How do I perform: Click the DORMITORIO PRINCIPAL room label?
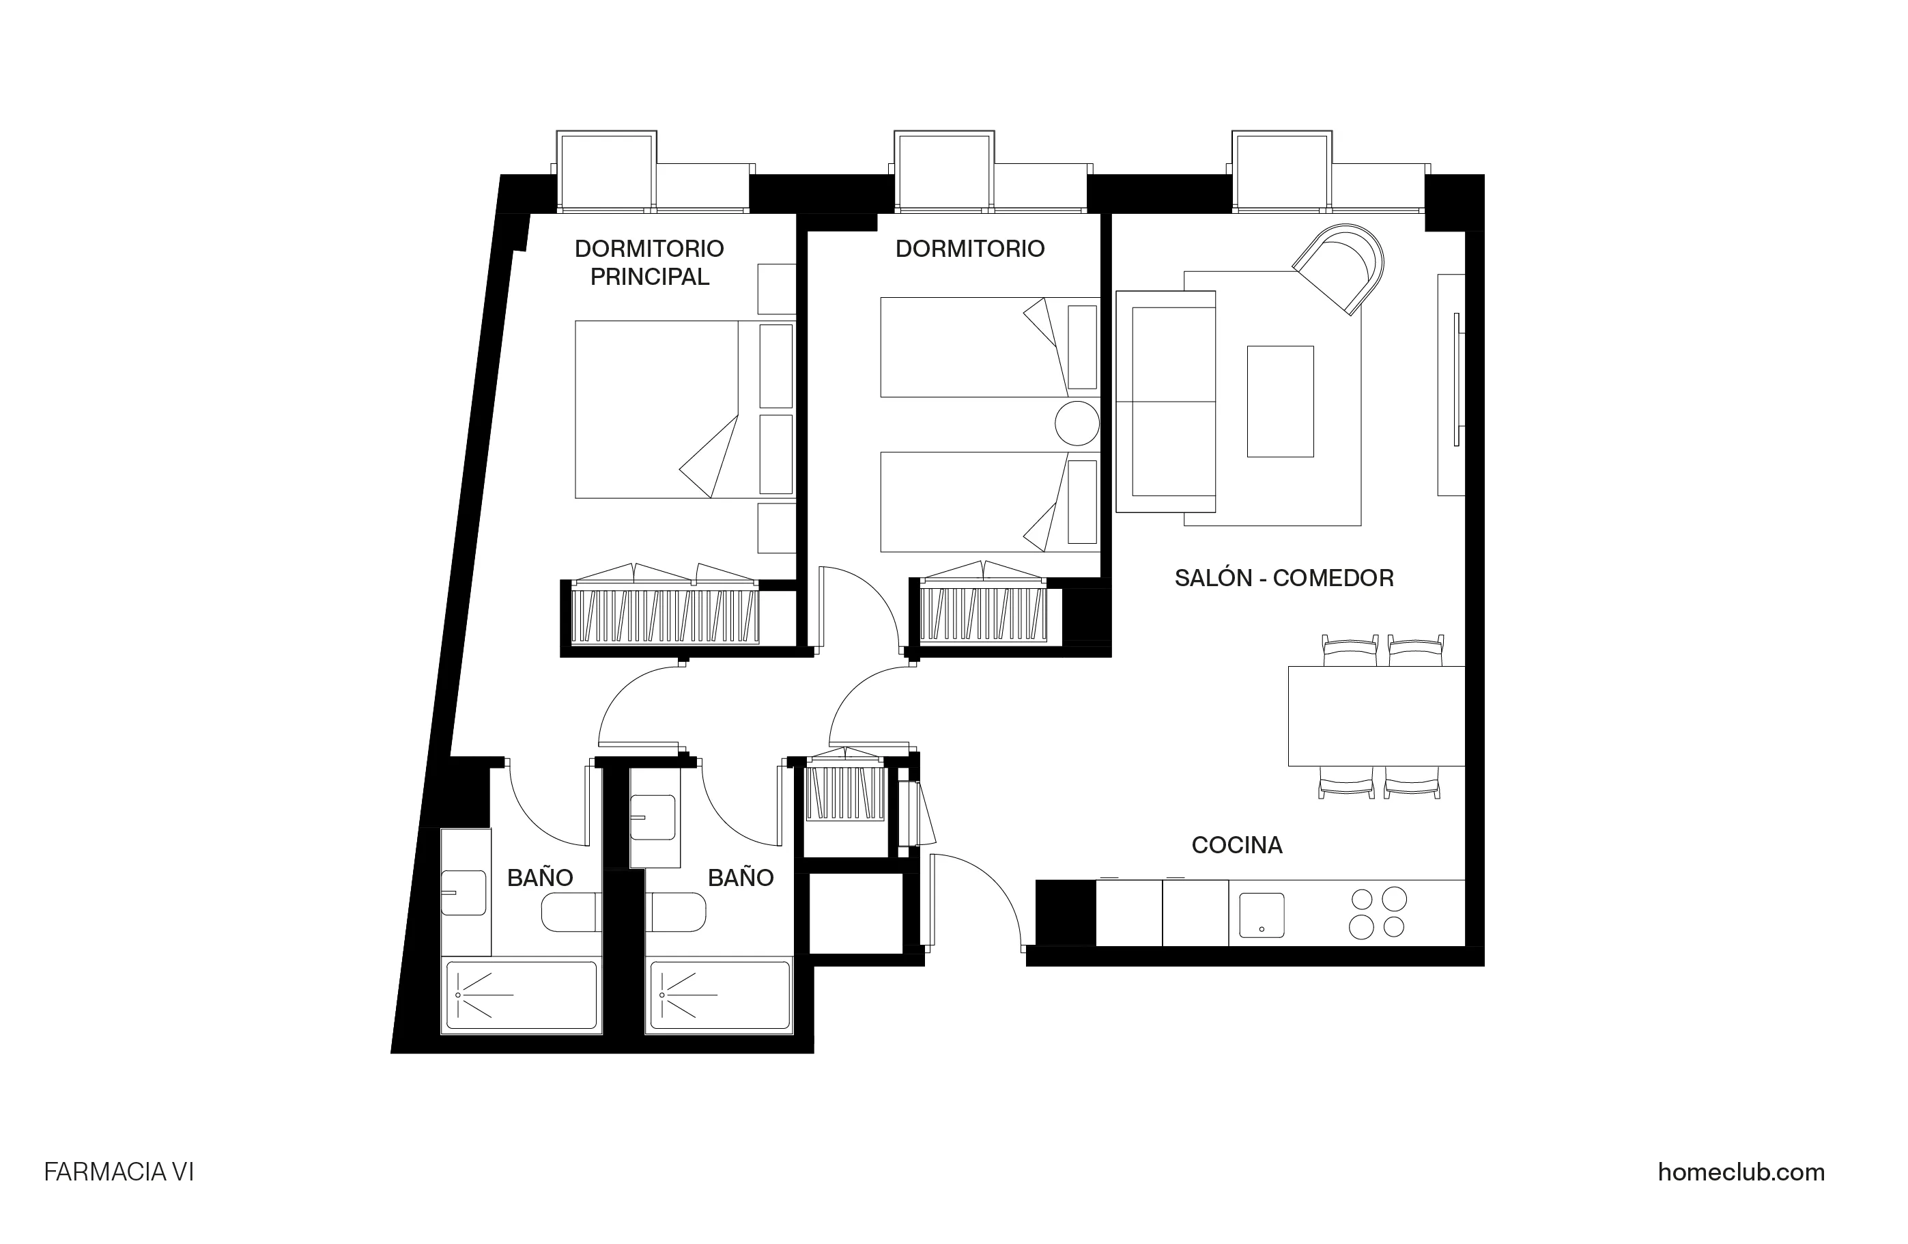pos(649,262)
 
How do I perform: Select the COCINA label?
pos(1236,844)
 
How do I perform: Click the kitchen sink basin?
pos(1261,916)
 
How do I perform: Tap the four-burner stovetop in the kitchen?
pos(1378,913)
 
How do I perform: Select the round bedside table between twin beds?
pos(1076,423)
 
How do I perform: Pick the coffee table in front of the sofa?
pos(1279,401)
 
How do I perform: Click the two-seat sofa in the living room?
pos(1167,401)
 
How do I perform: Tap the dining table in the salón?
pos(1375,715)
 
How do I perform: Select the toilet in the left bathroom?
pos(571,913)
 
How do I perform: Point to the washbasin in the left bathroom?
pos(464,893)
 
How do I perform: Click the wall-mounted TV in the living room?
pos(1456,379)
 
